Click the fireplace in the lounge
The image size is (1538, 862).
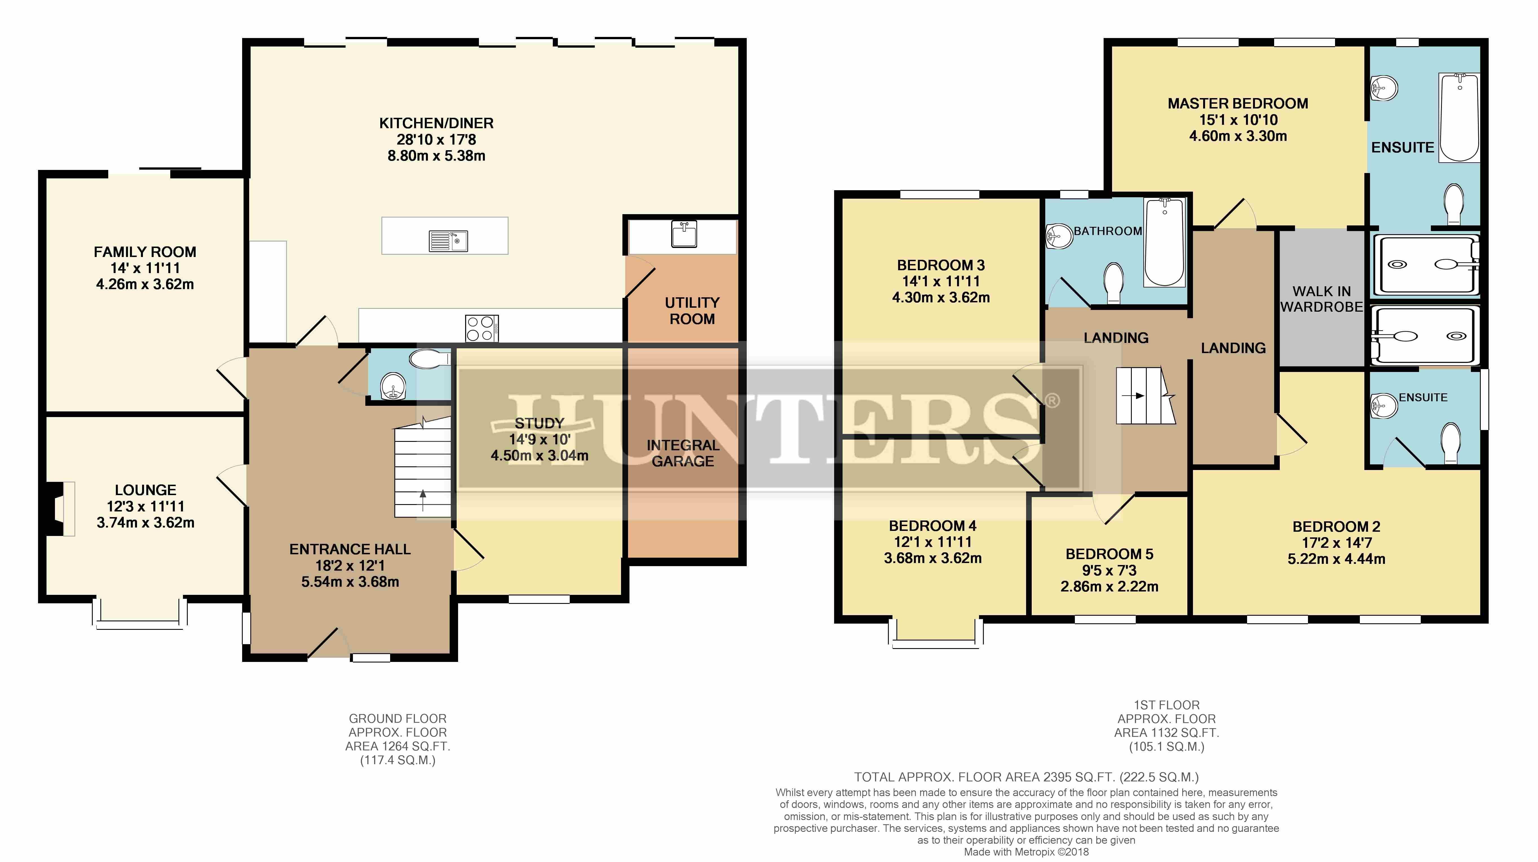point(59,509)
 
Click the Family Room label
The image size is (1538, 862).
point(145,252)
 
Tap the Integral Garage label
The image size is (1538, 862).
point(683,453)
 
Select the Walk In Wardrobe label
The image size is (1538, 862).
point(1321,299)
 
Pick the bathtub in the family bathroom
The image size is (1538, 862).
point(1165,242)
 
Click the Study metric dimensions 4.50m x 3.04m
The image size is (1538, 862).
point(540,455)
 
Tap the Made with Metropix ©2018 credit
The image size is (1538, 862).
point(1026,852)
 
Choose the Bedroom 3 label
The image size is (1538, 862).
point(941,265)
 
